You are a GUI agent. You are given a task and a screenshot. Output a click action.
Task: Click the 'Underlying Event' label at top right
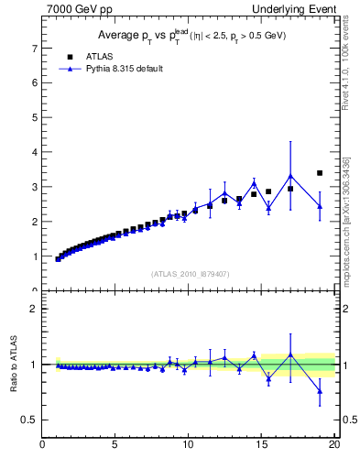tap(296, 10)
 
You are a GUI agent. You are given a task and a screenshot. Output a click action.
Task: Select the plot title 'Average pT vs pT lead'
tap(189, 36)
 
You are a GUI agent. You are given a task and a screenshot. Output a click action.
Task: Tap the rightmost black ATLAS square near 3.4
tap(320, 172)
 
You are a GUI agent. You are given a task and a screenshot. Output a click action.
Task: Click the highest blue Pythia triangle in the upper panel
tap(290, 176)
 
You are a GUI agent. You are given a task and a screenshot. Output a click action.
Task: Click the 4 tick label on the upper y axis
tap(34, 151)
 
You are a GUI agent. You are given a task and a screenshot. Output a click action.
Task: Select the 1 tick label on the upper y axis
tap(34, 256)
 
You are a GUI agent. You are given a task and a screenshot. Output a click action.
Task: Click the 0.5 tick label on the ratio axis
tap(30, 420)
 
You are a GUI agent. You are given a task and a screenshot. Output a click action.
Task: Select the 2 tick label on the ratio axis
tap(34, 309)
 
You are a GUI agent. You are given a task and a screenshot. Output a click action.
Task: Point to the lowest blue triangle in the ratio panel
tap(320, 391)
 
